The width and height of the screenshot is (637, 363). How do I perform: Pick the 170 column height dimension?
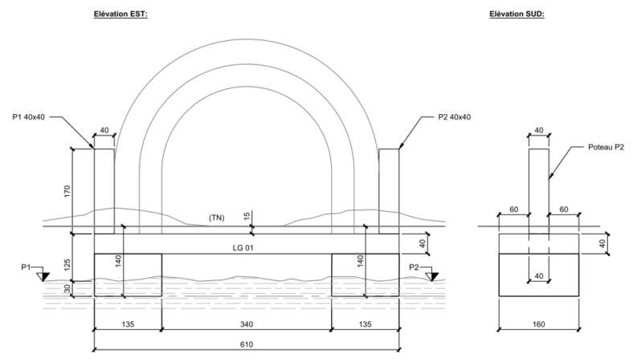pyautogui.click(x=68, y=191)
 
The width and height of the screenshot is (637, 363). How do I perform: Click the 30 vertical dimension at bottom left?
pyautogui.click(x=68, y=289)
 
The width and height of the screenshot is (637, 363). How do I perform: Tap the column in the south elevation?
pyautogui.click(x=538, y=185)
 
